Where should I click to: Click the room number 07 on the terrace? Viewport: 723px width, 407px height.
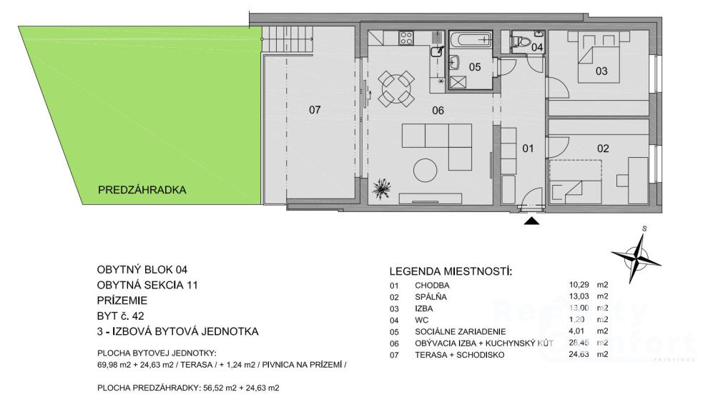pyautogui.click(x=315, y=110)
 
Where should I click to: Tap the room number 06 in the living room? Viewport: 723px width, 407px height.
pyautogui.click(x=438, y=111)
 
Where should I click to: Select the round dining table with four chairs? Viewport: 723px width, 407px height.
pyautogui.click(x=396, y=89)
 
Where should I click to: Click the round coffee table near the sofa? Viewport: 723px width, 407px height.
pyautogui.click(x=425, y=170)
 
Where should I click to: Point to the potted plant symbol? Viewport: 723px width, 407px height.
pyautogui.click(x=382, y=188)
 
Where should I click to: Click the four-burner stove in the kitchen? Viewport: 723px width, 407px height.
pyautogui.click(x=406, y=37)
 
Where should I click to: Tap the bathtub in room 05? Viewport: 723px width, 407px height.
pyautogui.click(x=471, y=41)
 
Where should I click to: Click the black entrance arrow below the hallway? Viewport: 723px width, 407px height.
pyautogui.click(x=532, y=221)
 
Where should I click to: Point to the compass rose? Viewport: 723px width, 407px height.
pyautogui.click(x=636, y=256)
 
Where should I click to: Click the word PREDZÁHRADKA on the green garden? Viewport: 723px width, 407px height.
pyautogui.click(x=142, y=190)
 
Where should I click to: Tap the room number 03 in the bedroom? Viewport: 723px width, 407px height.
pyautogui.click(x=601, y=71)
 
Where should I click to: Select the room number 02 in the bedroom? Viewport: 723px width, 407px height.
pyautogui.click(x=603, y=149)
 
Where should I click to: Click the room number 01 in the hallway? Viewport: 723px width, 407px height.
pyautogui.click(x=528, y=149)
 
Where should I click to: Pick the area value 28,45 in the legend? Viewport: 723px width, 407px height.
pyautogui.click(x=579, y=343)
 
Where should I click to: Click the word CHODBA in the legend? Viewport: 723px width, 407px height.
pyautogui.click(x=432, y=286)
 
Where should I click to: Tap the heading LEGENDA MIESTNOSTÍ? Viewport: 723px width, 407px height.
pyautogui.click(x=451, y=271)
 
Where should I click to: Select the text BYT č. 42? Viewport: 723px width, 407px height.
pyautogui.click(x=120, y=316)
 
